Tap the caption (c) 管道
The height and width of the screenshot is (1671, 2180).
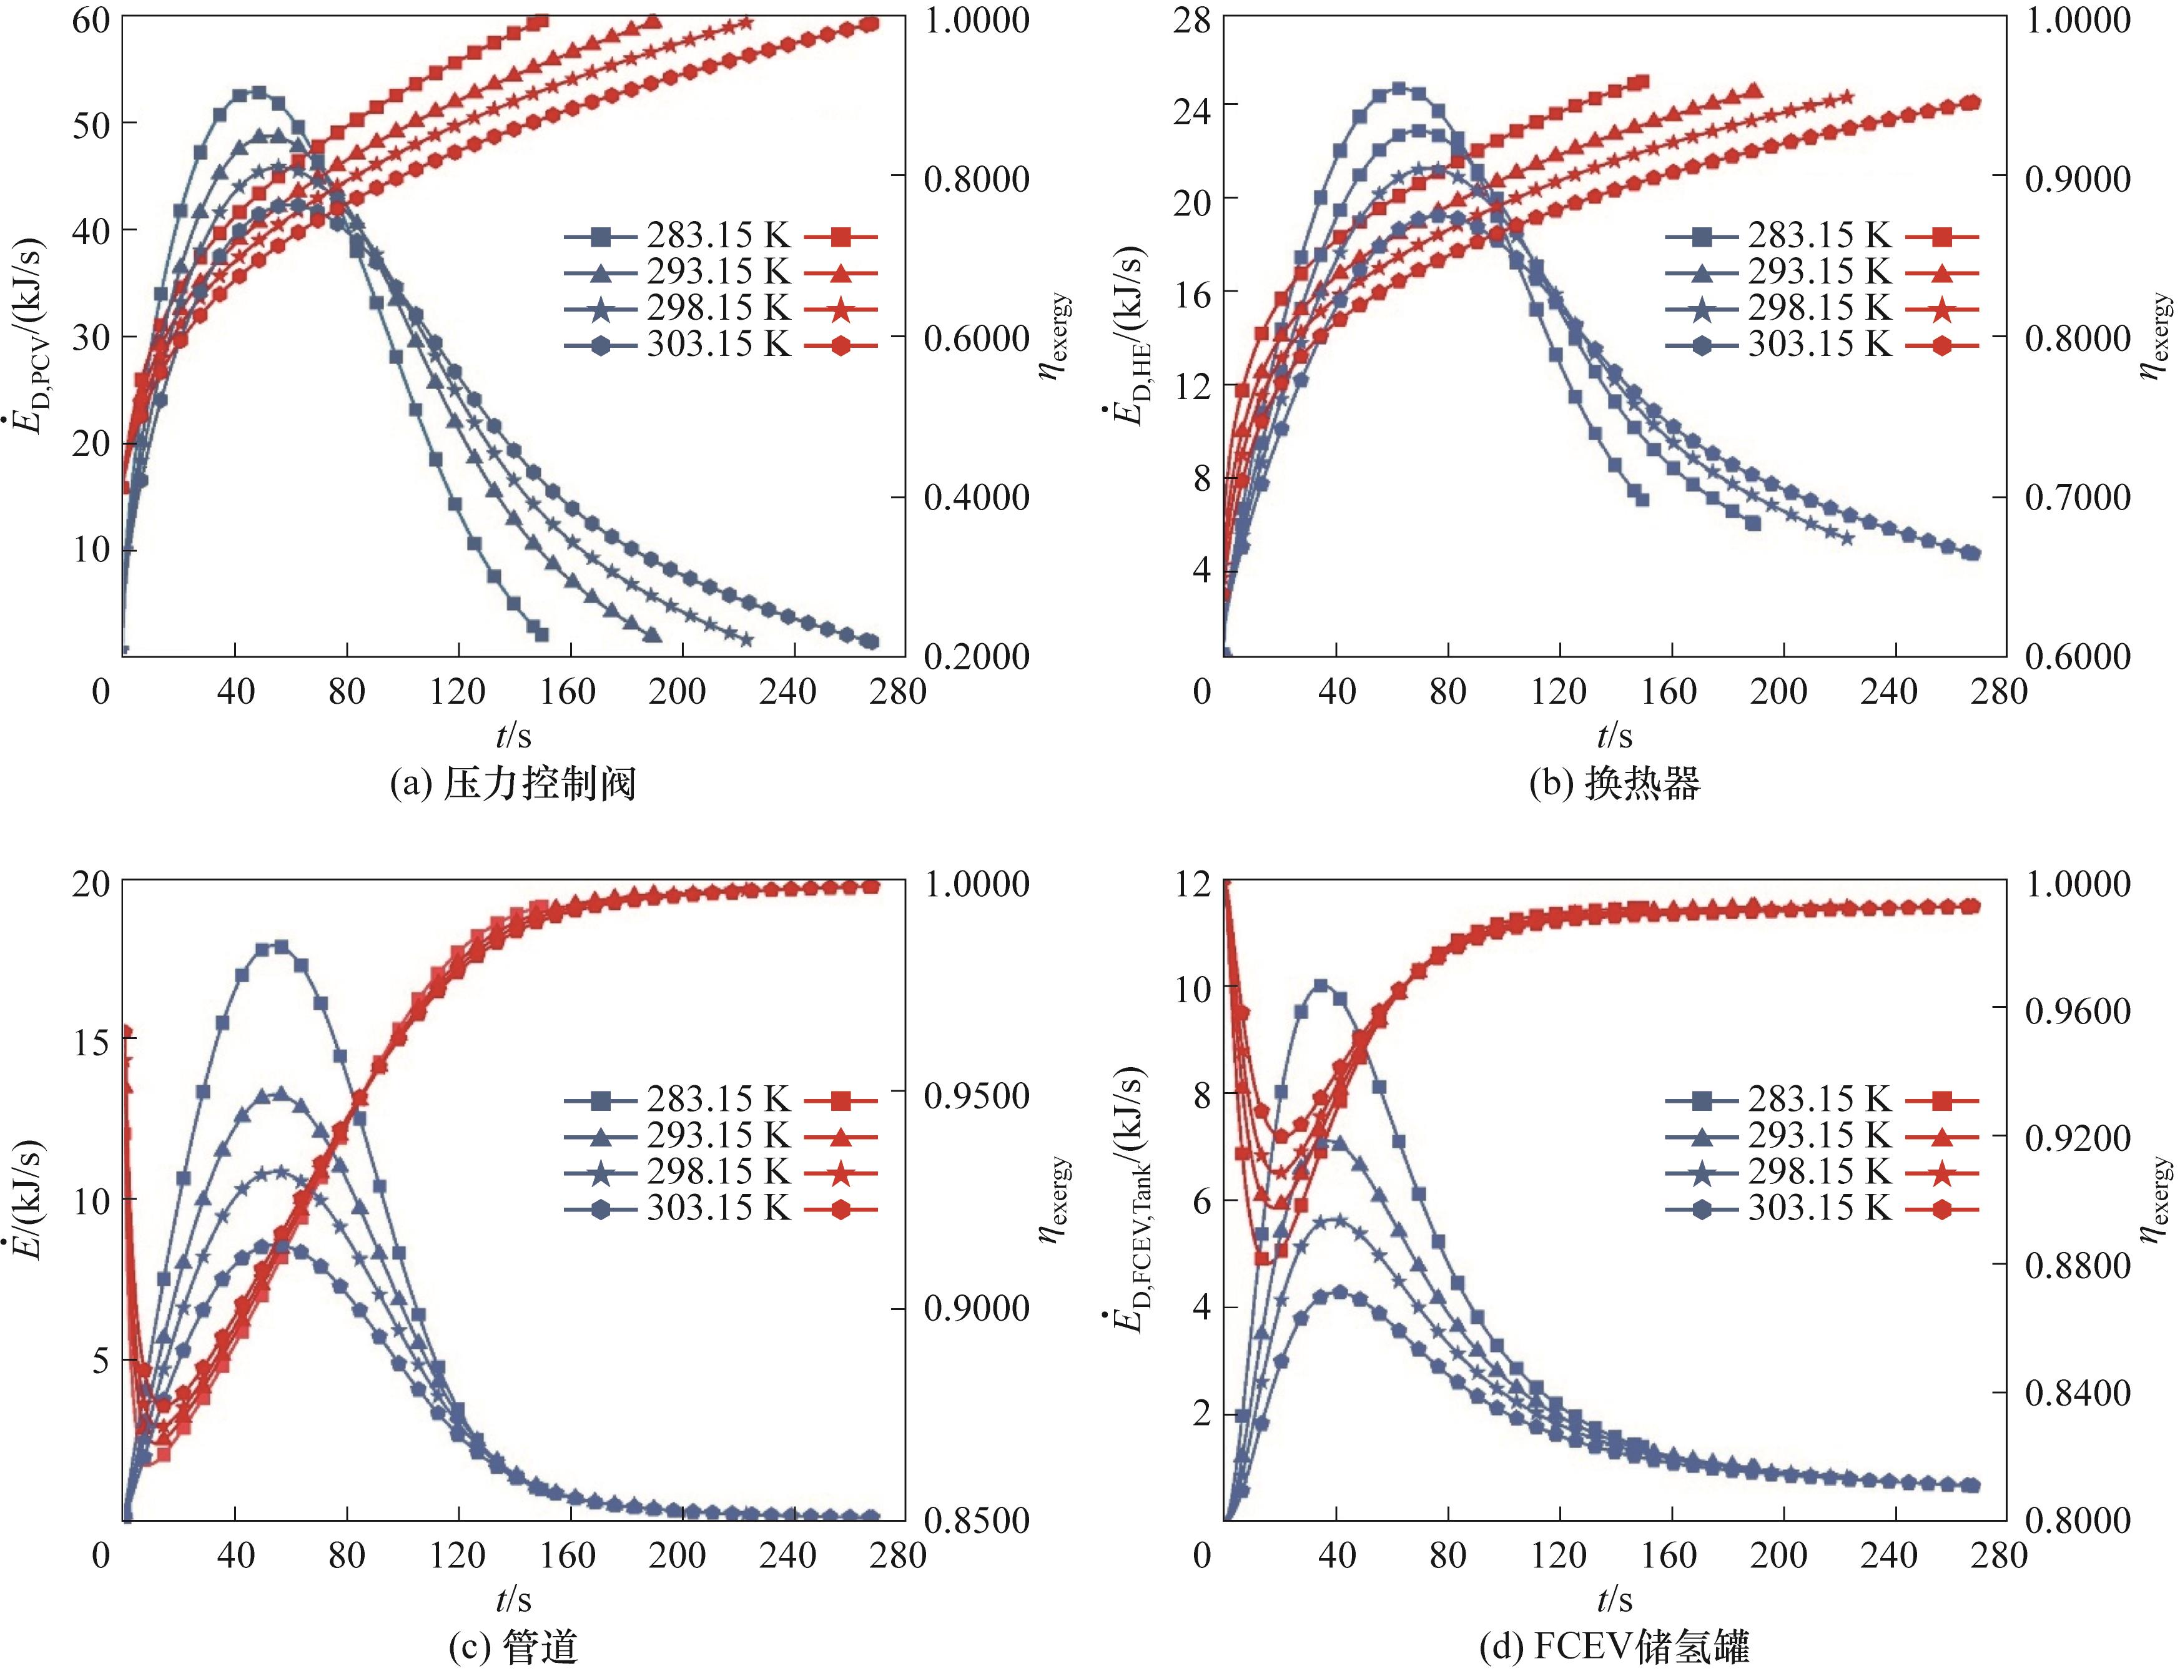pos(513,1648)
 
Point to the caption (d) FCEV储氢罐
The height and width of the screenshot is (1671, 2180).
pos(1614,1648)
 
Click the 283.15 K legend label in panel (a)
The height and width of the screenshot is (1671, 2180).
pos(718,236)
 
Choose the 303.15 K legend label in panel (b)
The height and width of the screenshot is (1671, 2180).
pos(1819,344)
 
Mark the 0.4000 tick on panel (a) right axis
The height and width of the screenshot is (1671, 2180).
pos(977,497)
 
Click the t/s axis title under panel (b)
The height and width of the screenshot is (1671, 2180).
pos(1614,736)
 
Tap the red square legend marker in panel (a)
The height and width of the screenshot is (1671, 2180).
pos(841,237)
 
